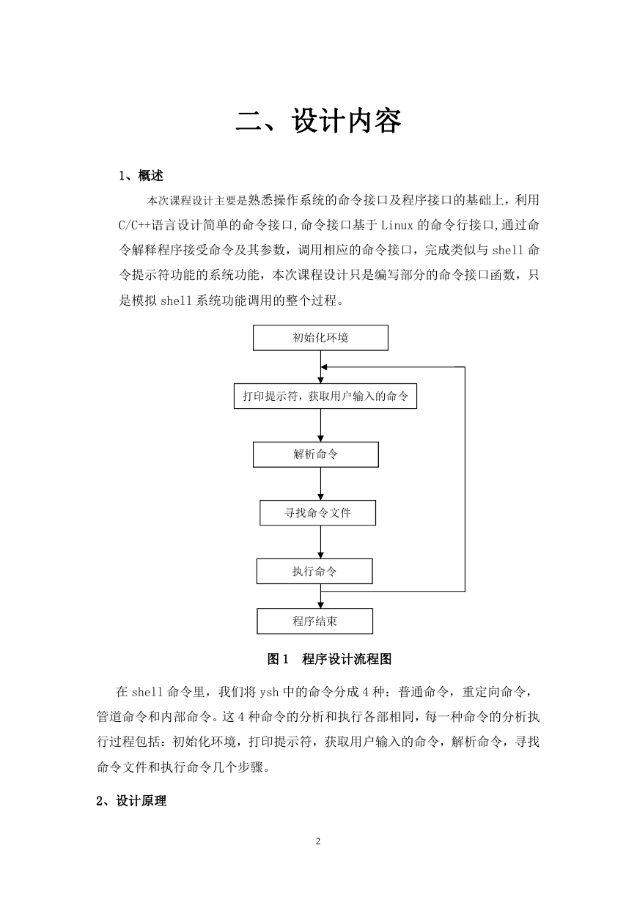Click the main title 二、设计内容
click(x=318, y=120)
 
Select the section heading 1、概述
click(x=141, y=176)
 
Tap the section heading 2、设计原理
click(x=131, y=801)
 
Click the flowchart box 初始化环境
click(x=320, y=338)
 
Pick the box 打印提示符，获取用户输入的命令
click(x=325, y=396)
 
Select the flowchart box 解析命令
click(x=315, y=454)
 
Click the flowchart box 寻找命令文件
click(x=317, y=513)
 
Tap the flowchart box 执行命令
click(x=314, y=571)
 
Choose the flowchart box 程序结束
click(x=314, y=621)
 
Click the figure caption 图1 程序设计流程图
click(x=329, y=659)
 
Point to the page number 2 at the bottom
click(x=318, y=841)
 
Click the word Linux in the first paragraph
click(x=397, y=226)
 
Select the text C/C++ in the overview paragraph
click(x=135, y=226)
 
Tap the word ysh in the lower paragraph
click(x=269, y=693)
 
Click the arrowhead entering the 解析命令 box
click(x=320, y=439)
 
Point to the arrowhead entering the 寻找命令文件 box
click(x=320, y=497)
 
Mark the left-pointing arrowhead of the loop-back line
click(x=324, y=367)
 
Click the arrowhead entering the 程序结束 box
click(x=320, y=605)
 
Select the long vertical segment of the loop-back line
click(x=465, y=479)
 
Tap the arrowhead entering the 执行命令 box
click(x=320, y=556)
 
